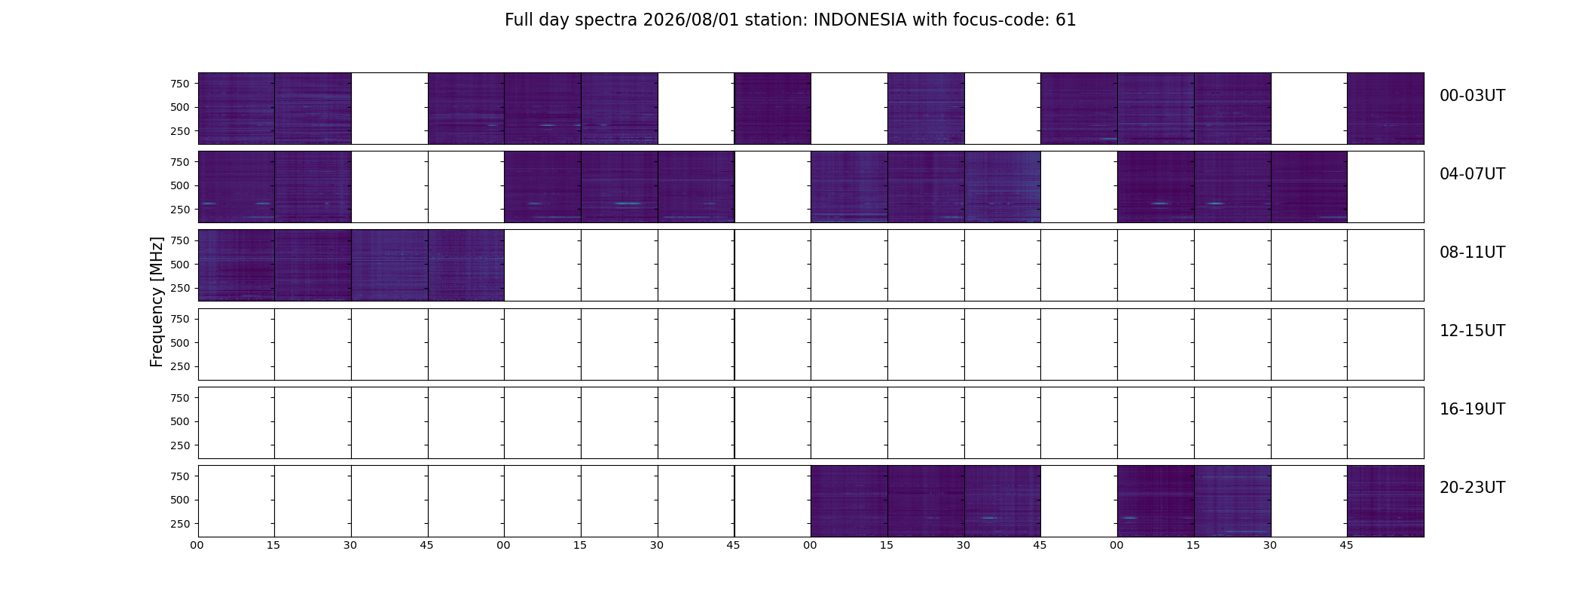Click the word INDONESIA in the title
coord(860,20)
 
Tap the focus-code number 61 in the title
coord(1066,20)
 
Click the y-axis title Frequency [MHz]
coord(157,301)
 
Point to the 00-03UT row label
coord(1472,96)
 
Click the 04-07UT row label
coord(1472,174)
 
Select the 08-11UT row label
coord(1472,253)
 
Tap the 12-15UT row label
coord(1472,331)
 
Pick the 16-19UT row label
coord(1472,409)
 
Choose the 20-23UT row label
coord(1472,488)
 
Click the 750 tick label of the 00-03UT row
coord(180,84)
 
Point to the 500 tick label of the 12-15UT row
coord(180,343)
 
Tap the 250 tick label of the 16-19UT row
coord(180,445)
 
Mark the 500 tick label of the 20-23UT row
coord(180,500)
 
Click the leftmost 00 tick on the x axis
coord(197,546)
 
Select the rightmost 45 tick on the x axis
coord(1346,546)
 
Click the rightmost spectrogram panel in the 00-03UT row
coord(1385,109)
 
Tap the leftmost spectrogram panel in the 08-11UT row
coord(237,265)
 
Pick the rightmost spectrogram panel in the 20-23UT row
coord(1385,501)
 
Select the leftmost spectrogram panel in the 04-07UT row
coord(237,187)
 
